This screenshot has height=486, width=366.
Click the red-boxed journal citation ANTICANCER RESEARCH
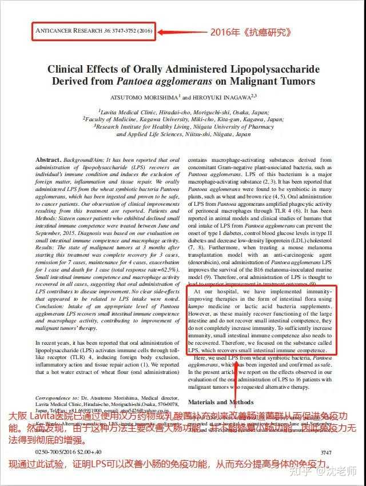point(94,31)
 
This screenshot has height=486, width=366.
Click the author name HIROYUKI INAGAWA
point(224,98)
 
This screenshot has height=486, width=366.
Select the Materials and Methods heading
point(220,403)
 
